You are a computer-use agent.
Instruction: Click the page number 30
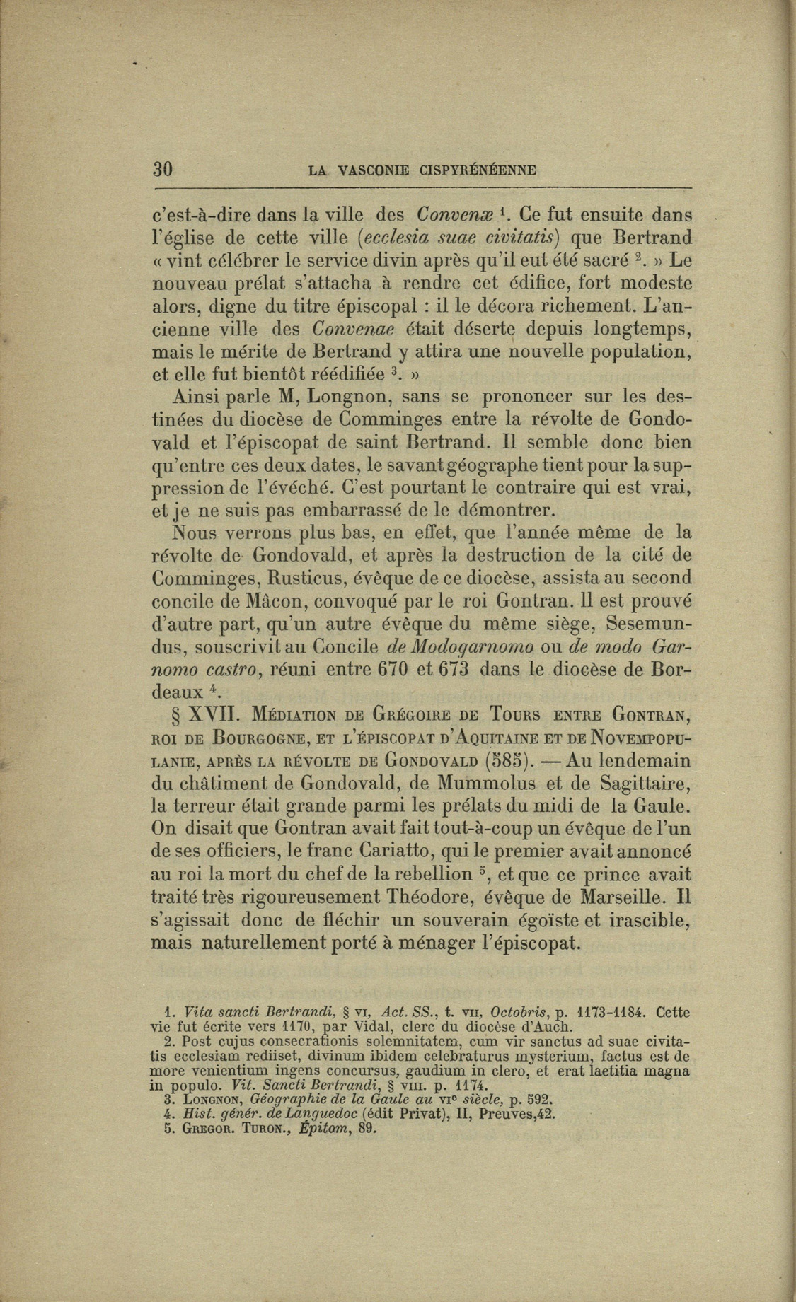(x=163, y=170)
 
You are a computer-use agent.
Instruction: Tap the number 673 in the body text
(x=465, y=670)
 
